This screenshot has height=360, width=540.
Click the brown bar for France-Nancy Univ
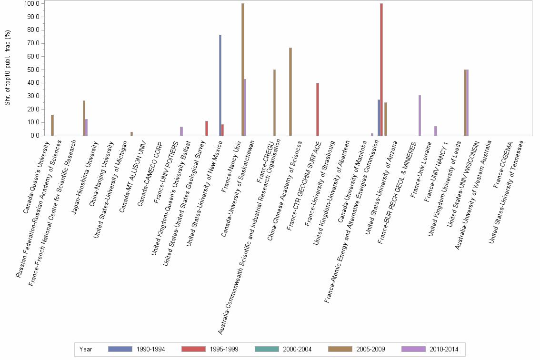coord(243,70)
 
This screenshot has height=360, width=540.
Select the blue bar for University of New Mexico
coord(220,85)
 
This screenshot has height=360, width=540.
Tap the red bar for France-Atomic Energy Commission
coord(381,70)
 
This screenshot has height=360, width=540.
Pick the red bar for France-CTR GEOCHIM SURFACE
coord(318,109)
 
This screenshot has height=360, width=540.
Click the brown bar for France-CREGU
coord(274,102)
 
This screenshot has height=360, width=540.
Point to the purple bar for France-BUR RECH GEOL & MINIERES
coord(420,115)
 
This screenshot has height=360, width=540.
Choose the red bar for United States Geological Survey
coord(206,128)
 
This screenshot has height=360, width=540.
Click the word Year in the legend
coord(86,349)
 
